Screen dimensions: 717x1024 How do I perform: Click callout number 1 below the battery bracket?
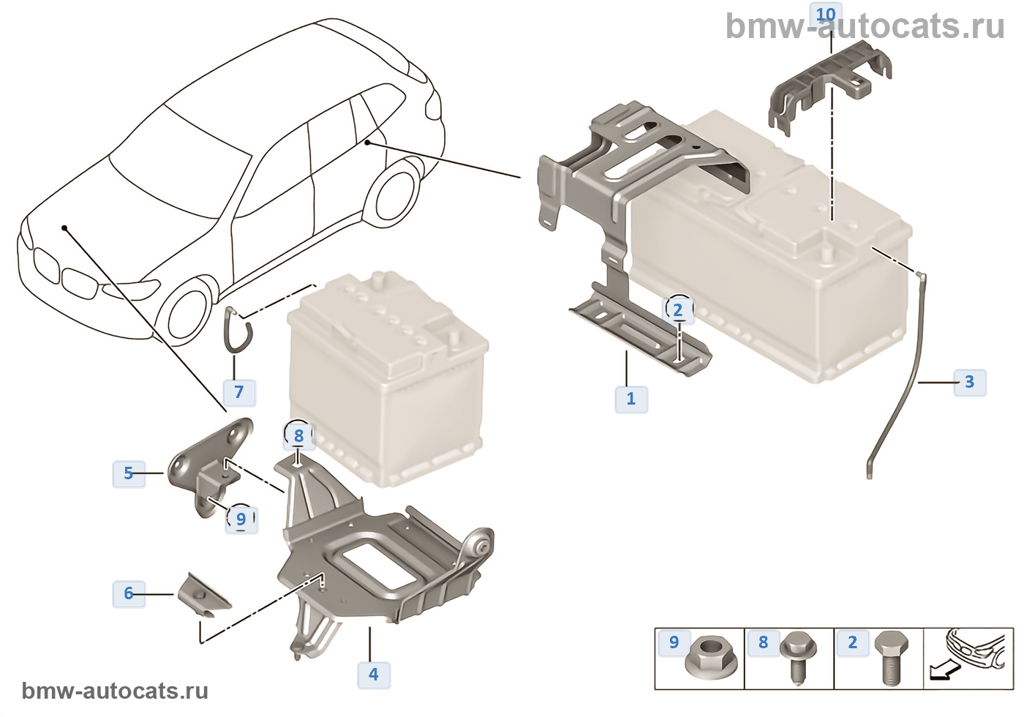click(x=630, y=399)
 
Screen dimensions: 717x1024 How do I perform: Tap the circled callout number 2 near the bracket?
click(x=678, y=310)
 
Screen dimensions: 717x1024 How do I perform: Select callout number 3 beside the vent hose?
click(x=969, y=382)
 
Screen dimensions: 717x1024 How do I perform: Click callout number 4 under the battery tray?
click(x=374, y=674)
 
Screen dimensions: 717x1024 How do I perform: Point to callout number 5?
click(x=129, y=473)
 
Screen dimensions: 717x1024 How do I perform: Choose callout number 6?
click(x=129, y=593)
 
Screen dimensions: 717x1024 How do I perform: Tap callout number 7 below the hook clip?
click(x=238, y=391)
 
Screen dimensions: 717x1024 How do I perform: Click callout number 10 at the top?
click(x=826, y=15)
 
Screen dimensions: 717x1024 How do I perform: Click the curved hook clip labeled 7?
click(x=238, y=330)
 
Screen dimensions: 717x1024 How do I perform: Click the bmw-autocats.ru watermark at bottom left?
click(x=115, y=691)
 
